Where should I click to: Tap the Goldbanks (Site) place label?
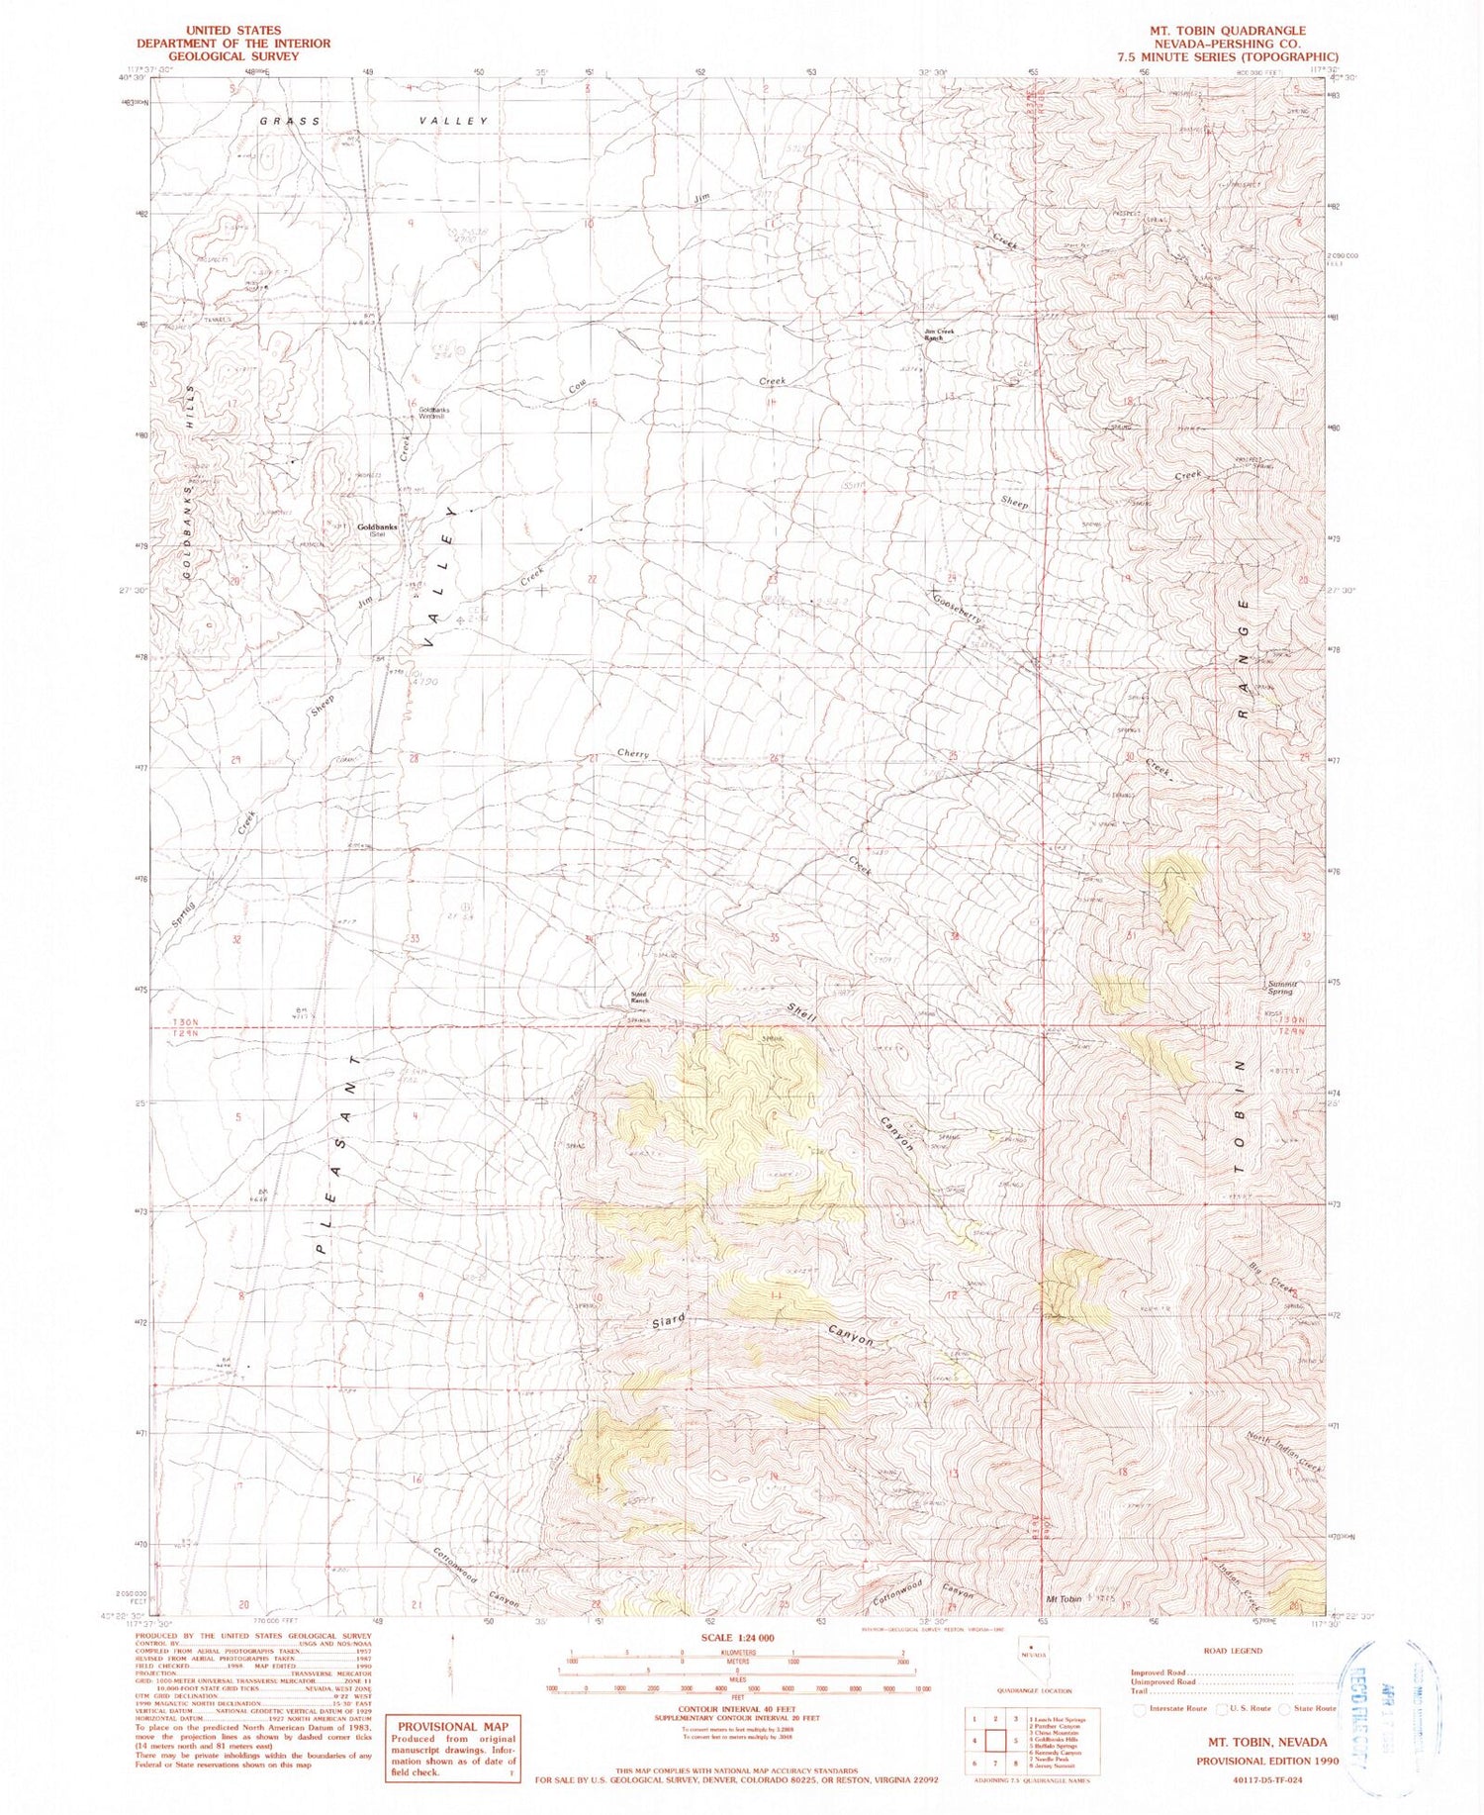tap(377, 529)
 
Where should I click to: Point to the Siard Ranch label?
tap(640, 998)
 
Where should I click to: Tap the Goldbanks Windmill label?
tap(432, 413)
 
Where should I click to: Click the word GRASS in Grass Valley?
tap(290, 121)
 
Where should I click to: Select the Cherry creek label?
tap(633, 754)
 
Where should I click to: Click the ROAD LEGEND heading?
tap(1233, 1650)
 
